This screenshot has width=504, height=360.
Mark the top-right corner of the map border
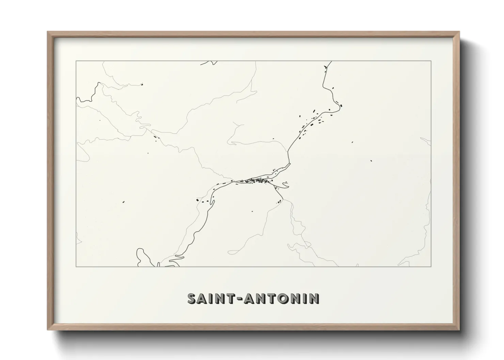(431, 61)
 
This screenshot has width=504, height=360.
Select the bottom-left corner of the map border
(76, 267)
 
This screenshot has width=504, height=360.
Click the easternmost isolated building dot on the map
(371, 161)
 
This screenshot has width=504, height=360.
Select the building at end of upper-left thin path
(142, 84)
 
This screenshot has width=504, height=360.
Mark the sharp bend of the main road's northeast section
(340, 106)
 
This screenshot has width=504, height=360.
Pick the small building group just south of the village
(280, 201)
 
